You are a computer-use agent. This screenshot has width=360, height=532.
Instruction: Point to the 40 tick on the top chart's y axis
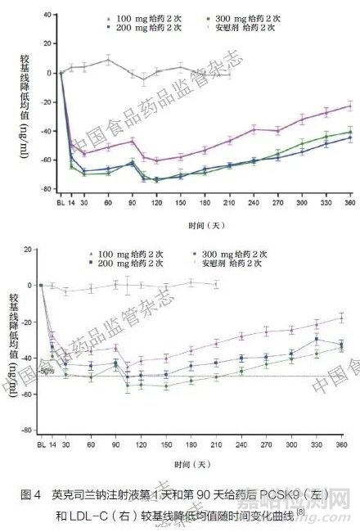48,15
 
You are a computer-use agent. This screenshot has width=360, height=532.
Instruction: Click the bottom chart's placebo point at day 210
216,284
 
